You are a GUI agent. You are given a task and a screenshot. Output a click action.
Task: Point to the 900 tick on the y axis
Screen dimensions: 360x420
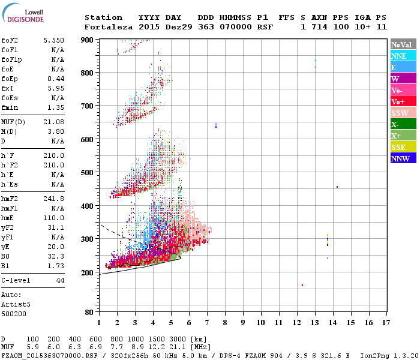point(87,40)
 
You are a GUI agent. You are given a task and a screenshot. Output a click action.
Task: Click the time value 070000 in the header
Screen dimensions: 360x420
point(236,27)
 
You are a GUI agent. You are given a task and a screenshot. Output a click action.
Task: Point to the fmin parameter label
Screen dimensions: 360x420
point(10,107)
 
